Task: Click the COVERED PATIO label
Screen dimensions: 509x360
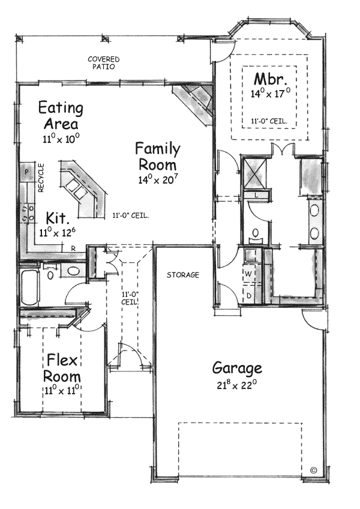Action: (103, 63)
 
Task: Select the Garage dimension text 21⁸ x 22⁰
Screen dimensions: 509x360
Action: (236, 384)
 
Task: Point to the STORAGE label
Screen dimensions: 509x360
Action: (183, 275)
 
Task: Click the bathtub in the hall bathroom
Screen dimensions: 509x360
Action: (29, 288)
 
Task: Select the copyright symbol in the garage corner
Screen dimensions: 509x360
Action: (313, 469)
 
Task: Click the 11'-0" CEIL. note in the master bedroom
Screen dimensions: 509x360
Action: (268, 121)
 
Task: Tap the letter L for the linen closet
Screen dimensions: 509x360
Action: (256, 196)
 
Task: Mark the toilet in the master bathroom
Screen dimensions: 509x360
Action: (256, 233)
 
